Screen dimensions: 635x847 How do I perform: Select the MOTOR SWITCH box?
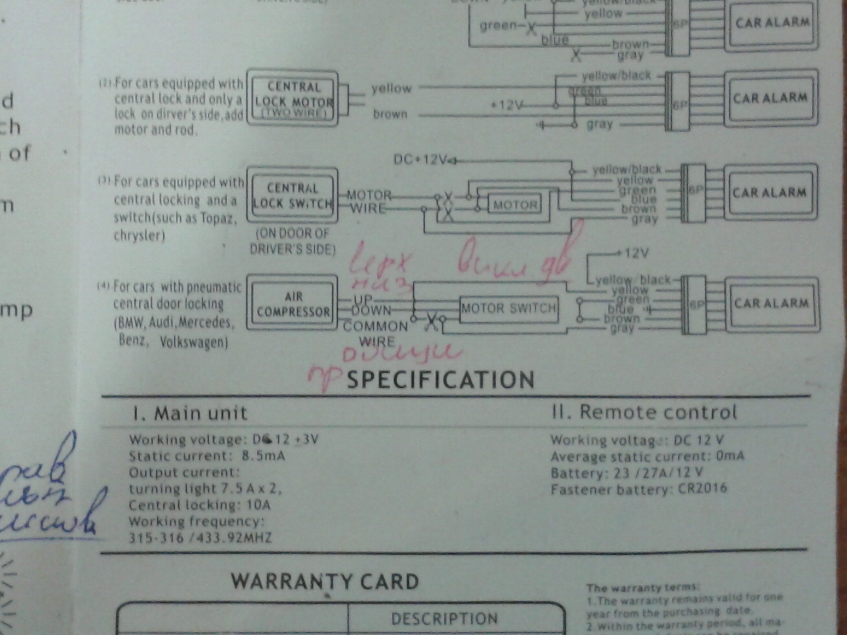509,309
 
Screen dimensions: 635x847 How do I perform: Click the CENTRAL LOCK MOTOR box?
293,98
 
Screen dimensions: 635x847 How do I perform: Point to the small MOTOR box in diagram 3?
514,205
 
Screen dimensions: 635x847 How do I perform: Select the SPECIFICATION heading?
440,380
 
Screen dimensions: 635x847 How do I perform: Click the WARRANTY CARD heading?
325,581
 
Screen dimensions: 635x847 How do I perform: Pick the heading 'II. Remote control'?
644,412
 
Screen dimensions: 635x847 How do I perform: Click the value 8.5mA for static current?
263,456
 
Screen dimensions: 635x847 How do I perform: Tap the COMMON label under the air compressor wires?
376,326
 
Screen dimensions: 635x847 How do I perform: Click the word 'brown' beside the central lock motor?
390,114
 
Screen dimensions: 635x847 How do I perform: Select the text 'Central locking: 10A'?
200,505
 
